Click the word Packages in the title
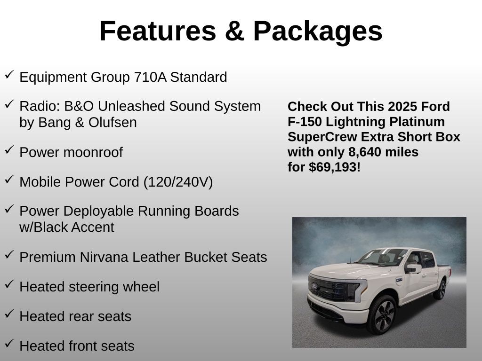[318, 31]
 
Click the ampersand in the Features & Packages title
[234, 31]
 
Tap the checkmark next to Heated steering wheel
[9, 284]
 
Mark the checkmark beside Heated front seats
[9, 343]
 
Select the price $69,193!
[335, 167]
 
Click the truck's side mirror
[414, 268]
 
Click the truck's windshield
[383, 257]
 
